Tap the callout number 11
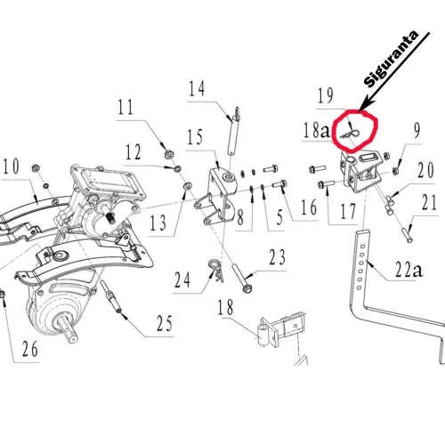coord(125,109)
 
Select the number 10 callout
coord(10,166)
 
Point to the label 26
coord(30,350)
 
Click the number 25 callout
coord(164,323)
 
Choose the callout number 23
coord(277,258)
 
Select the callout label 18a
coord(316,131)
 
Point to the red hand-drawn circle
coord(354,132)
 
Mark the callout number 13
coord(158,222)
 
